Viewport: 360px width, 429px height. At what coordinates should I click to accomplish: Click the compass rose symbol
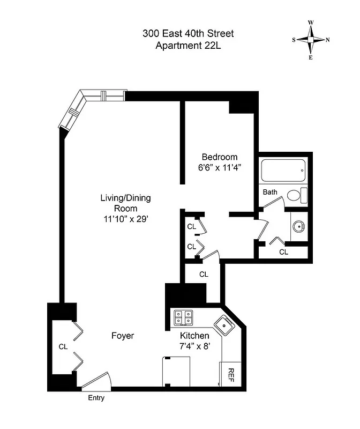pyautogui.click(x=311, y=40)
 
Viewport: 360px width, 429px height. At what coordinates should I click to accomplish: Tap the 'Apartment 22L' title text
pyautogui.click(x=187, y=45)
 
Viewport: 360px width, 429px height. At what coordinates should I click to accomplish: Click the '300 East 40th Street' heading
pyautogui.click(x=187, y=34)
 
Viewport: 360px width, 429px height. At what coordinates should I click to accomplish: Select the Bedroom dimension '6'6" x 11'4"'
pyautogui.click(x=219, y=167)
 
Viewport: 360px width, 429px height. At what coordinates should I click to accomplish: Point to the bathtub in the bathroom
pyautogui.click(x=283, y=171)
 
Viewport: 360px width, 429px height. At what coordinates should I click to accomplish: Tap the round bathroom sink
pyautogui.click(x=299, y=225)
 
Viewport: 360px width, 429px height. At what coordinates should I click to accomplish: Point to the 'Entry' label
pyautogui.click(x=96, y=398)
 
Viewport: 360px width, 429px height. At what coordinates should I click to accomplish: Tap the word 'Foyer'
pyautogui.click(x=122, y=336)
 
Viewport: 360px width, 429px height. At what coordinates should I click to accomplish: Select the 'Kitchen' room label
pyautogui.click(x=194, y=336)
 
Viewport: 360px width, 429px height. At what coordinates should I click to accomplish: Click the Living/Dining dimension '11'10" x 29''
pyautogui.click(x=125, y=218)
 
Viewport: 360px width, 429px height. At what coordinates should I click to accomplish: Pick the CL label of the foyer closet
pyautogui.click(x=63, y=347)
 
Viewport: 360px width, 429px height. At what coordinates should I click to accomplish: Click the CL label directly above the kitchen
pyautogui.click(x=204, y=274)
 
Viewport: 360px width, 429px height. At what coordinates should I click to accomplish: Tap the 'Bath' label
pyautogui.click(x=269, y=191)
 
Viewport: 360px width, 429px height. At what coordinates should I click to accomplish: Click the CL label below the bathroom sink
pyautogui.click(x=283, y=251)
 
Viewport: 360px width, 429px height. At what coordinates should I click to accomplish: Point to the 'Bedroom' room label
pyautogui.click(x=219, y=157)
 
